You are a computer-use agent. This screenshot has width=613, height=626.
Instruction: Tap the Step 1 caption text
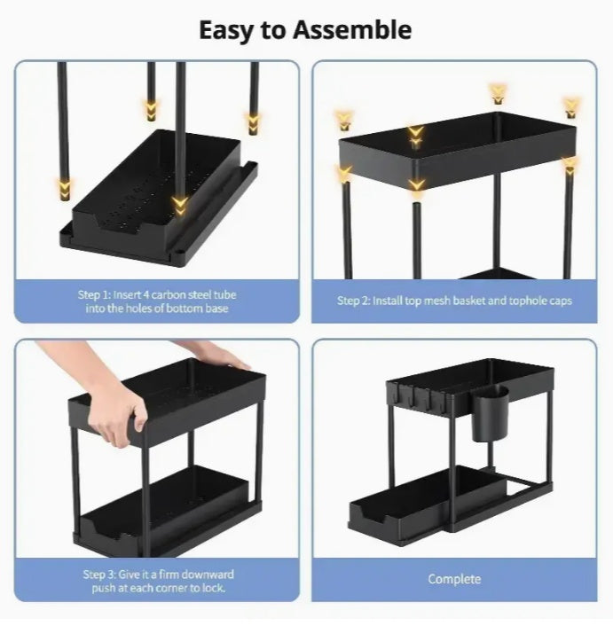click(x=156, y=301)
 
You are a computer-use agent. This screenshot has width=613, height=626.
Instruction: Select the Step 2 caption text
click(x=454, y=301)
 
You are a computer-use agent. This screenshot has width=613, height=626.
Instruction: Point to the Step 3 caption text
click(x=156, y=581)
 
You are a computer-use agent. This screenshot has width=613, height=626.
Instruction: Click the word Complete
click(x=454, y=579)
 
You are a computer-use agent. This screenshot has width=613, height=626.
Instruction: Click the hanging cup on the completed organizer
click(x=489, y=412)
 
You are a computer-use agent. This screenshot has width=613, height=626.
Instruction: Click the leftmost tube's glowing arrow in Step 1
click(x=64, y=187)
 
